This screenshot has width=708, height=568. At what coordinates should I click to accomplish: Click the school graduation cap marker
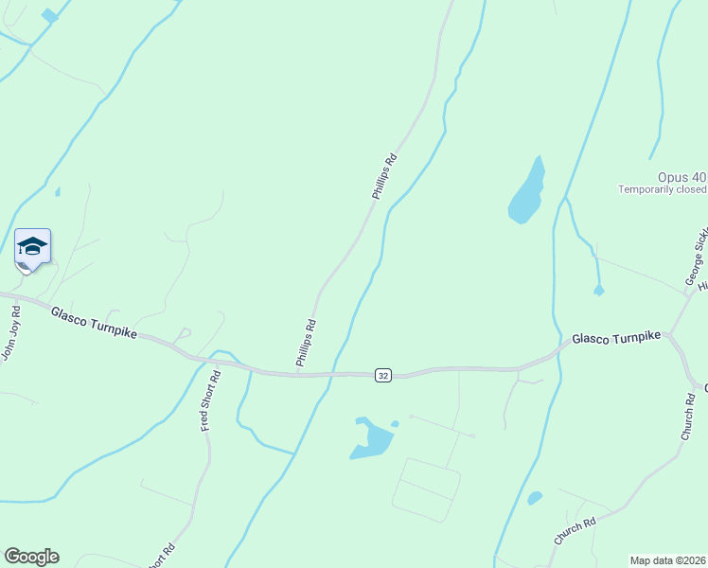[32, 248]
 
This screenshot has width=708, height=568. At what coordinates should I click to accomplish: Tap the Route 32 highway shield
[382, 376]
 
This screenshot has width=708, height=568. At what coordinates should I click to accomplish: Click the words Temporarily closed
[664, 189]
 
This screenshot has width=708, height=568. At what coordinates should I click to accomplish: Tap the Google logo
[31, 557]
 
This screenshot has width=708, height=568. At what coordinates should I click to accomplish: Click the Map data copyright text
[666, 560]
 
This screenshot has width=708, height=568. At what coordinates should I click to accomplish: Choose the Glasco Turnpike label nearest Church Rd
[615, 338]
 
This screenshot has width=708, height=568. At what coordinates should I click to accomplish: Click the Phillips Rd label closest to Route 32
[306, 343]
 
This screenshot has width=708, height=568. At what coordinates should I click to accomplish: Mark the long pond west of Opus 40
[527, 192]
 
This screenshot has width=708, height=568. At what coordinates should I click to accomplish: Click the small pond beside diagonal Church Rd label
[535, 498]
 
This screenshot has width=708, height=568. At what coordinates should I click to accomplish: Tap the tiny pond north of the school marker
[58, 192]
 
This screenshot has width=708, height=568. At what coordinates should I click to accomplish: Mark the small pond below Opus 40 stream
[598, 291]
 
